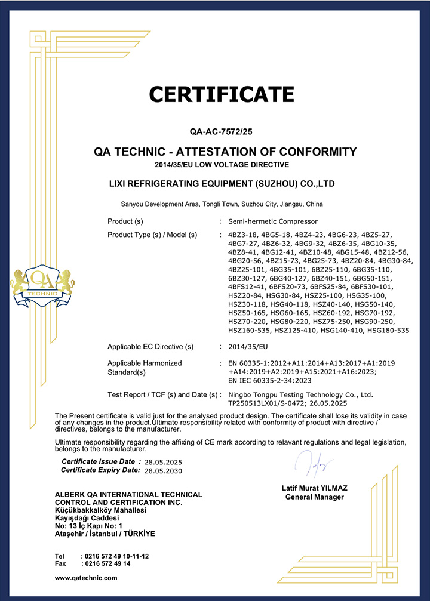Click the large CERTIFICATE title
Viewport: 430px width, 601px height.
[221, 94]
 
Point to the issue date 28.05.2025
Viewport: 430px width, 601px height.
[163, 462]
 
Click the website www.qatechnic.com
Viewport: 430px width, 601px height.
[86, 578]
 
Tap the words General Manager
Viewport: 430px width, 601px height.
[314, 497]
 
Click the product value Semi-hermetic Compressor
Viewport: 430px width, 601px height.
[266, 221]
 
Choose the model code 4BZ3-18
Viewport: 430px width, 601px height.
[242, 235]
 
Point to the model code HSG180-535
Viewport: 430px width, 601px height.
[388, 330]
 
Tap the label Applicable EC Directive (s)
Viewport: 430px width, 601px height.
[150, 347]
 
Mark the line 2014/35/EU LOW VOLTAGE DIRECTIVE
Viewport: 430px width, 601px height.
[222, 164]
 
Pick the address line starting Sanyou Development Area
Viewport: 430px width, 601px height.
[222, 204]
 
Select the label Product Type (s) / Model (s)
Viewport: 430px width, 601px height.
[152, 235]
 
